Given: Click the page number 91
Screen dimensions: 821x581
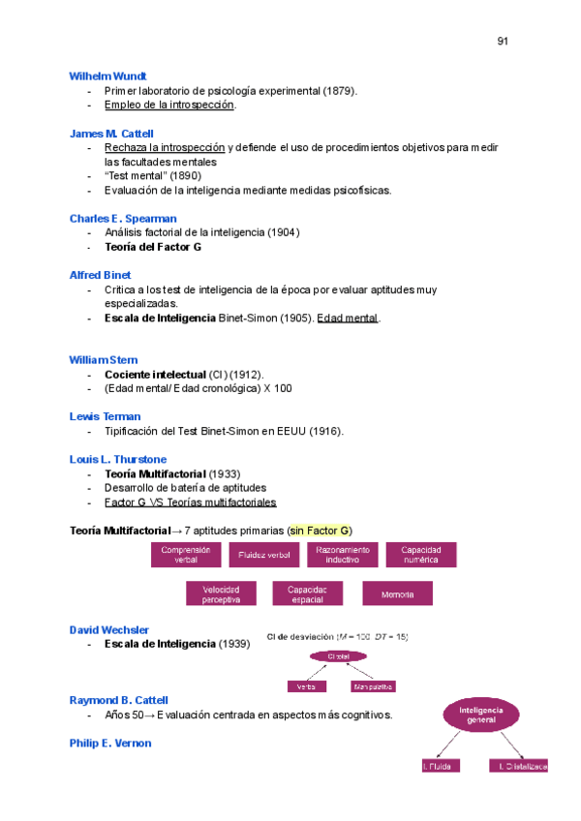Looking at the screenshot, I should click(x=503, y=41).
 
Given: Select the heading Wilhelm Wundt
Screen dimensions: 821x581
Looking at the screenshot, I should click(x=108, y=76).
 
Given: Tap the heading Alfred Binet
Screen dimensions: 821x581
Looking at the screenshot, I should click(x=101, y=275).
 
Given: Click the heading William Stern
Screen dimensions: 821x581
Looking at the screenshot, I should click(x=104, y=359).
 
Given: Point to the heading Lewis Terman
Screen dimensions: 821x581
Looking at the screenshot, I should click(x=105, y=416).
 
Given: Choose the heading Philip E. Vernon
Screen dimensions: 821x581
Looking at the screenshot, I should click(x=110, y=744).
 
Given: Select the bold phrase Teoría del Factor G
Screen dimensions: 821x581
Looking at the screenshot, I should click(x=153, y=247).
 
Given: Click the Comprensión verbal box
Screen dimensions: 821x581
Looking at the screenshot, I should click(x=186, y=555).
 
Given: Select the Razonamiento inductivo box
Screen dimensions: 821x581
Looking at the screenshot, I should click(x=342, y=555).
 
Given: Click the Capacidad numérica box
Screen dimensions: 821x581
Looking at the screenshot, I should click(x=421, y=555).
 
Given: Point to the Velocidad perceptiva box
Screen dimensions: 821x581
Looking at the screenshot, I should click(x=221, y=593).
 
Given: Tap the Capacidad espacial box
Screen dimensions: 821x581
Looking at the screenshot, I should click(x=307, y=593).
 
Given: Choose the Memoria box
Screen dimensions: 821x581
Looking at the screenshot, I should click(x=397, y=593).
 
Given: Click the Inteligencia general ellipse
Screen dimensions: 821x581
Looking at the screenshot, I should click(x=481, y=715).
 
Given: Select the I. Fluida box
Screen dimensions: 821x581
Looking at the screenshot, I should click(x=440, y=766).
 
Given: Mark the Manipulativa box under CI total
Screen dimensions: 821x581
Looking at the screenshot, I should click(x=373, y=686).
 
